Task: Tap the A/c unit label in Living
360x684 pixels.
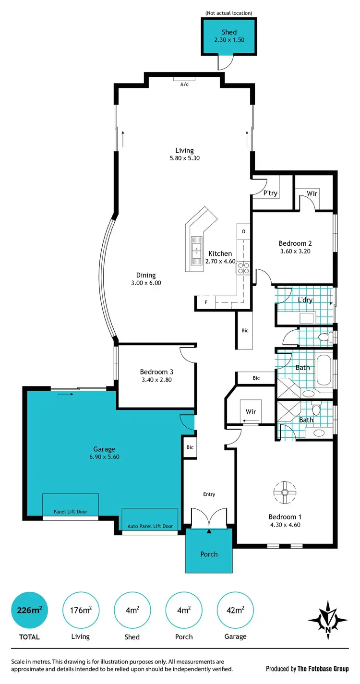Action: [x=184, y=84]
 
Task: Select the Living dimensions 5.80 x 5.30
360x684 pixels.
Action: [x=184, y=158]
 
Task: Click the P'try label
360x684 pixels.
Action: [x=271, y=193]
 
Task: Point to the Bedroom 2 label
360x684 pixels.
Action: [x=293, y=243]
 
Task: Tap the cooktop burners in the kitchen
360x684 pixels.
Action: [x=243, y=267]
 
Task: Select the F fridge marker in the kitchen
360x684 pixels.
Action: [x=206, y=303]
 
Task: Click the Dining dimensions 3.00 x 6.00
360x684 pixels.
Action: [x=146, y=283]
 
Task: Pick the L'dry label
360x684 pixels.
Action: [x=305, y=300]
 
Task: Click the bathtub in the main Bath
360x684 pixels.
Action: [x=324, y=370]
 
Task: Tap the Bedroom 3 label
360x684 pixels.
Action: [x=156, y=372]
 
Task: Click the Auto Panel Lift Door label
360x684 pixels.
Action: [x=150, y=526]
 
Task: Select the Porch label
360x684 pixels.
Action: [x=209, y=554]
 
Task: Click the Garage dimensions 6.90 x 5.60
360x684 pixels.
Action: [x=104, y=457]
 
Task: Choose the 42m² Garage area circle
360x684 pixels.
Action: [x=235, y=610]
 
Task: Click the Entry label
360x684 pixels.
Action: [x=209, y=494]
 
